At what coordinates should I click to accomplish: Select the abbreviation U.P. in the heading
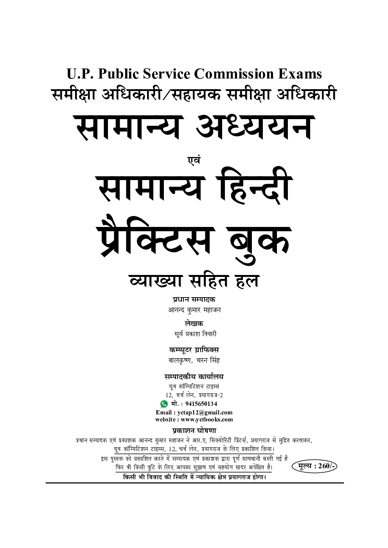80,74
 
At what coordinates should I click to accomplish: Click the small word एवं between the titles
194,160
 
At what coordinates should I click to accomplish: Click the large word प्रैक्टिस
156,239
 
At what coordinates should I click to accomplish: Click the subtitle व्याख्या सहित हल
194,281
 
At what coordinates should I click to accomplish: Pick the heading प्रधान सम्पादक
194,300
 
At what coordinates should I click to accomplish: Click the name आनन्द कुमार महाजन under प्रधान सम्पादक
194,310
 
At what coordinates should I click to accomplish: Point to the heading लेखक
194,324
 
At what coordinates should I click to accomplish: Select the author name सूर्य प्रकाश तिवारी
195,334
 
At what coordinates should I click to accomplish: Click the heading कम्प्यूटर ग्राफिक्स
194,350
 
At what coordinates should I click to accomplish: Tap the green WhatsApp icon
164,404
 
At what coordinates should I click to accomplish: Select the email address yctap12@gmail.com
205,412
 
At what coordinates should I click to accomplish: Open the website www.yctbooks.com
207,419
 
